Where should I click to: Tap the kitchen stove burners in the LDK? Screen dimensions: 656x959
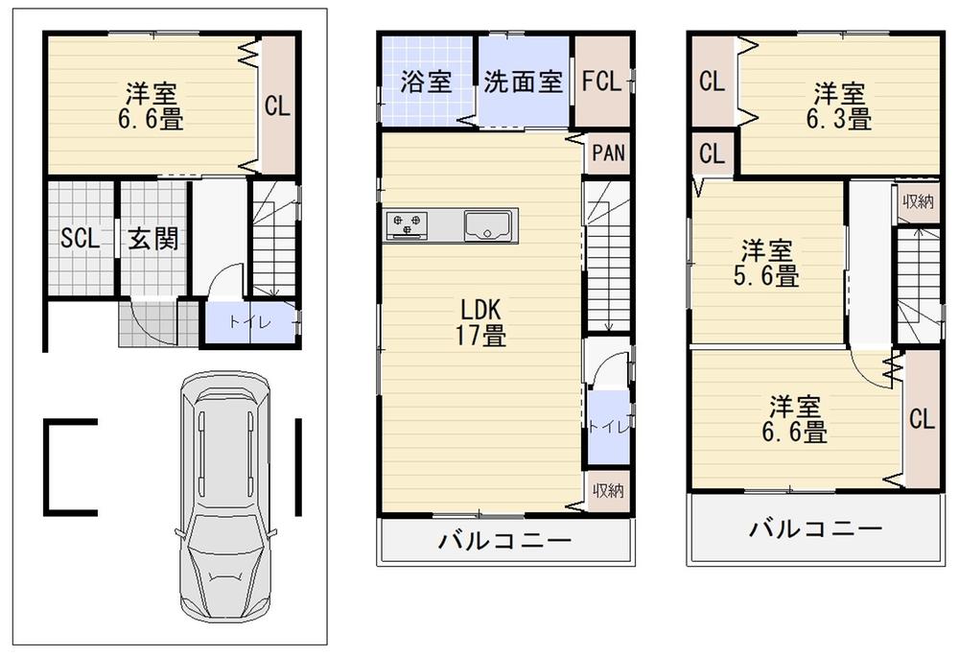coord(408,225)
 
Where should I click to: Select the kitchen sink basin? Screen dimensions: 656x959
coord(489,225)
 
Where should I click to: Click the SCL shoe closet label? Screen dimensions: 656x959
coord(80,239)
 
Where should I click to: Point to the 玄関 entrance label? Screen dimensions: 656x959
coord(153,238)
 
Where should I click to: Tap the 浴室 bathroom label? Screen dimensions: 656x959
coord(426,82)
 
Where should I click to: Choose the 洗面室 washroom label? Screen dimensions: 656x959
coord(523,82)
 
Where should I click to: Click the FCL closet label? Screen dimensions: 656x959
coord(603,82)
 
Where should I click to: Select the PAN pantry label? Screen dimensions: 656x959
coord(608,152)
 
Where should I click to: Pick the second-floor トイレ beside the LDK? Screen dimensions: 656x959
coord(607,427)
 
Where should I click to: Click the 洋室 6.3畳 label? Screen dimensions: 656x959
coord(840,106)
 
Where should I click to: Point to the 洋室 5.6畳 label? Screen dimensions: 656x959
coord(768,264)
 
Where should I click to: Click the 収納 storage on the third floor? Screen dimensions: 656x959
coord(918,201)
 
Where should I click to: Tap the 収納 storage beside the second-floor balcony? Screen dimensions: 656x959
coord(608,490)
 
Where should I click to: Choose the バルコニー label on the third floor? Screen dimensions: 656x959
coord(815,528)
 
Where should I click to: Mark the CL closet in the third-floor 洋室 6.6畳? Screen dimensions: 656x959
coord(922,420)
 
